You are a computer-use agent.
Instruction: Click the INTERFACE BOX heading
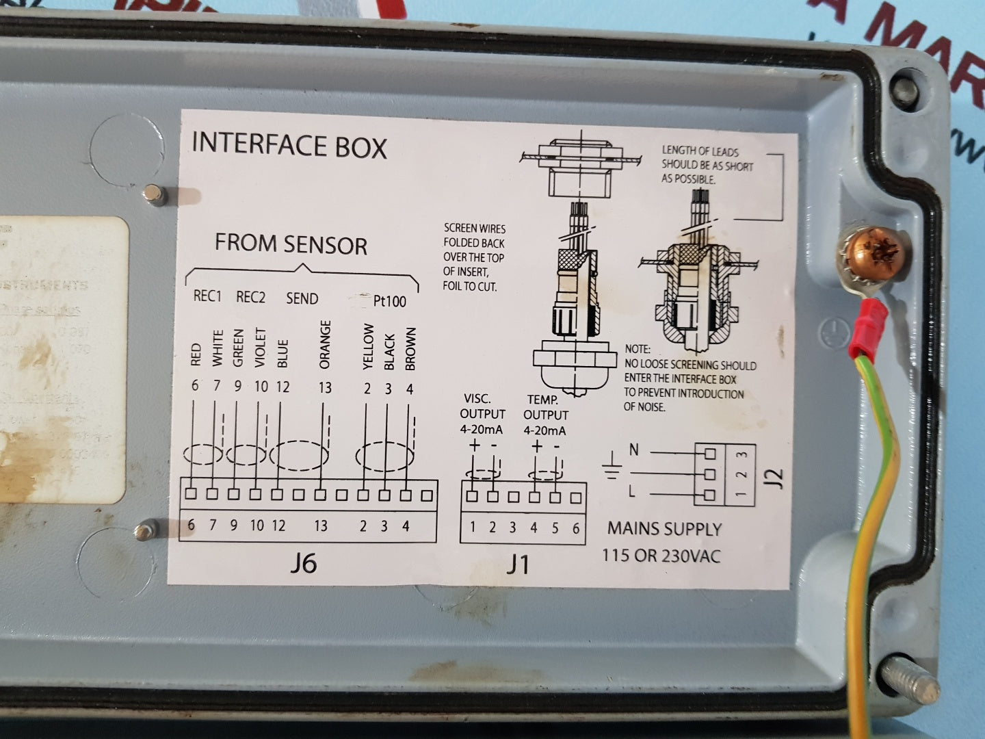(x=289, y=145)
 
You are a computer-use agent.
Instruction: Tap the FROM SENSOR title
(x=291, y=244)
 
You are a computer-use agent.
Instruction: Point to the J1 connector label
(x=518, y=565)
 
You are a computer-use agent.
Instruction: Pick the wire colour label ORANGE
(x=325, y=345)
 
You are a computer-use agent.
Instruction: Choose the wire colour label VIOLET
(x=260, y=348)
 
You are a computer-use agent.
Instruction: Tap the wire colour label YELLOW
(x=368, y=347)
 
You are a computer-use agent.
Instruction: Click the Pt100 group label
(x=389, y=301)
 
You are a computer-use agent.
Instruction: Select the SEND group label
(x=302, y=298)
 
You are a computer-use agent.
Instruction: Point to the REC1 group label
(x=207, y=296)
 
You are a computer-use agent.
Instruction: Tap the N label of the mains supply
(x=634, y=450)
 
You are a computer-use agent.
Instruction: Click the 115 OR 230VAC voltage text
(x=661, y=555)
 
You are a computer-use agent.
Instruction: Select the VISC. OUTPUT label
(x=482, y=406)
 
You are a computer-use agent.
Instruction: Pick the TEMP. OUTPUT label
(x=545, y=407)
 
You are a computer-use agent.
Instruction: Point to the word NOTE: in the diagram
(x=637, y=349)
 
